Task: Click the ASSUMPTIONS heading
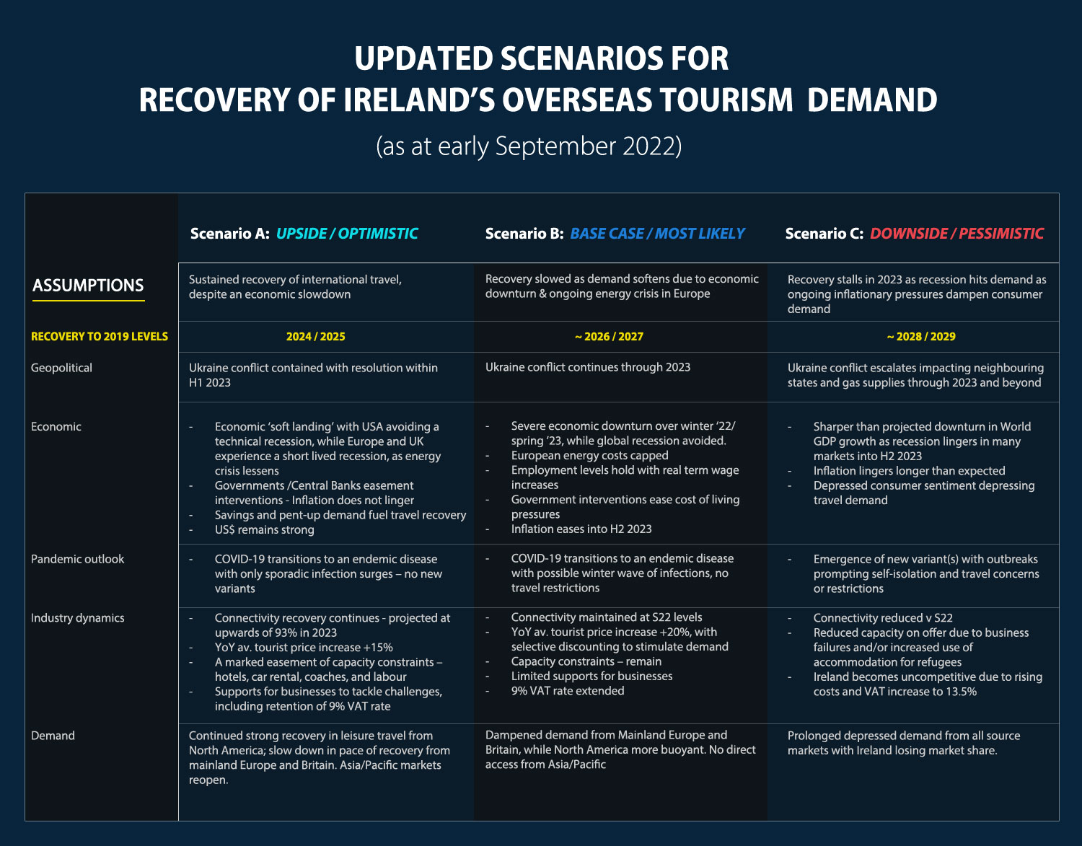[88, 285]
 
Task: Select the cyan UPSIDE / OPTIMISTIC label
[347, 234]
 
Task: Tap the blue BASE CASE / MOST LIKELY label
[657, 234]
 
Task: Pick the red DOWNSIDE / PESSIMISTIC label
[956, 234]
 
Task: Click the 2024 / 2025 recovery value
[316, 336]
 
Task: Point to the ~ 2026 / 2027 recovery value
[609, 336]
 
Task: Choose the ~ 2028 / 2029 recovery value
[921, 336]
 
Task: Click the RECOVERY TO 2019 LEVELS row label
[100, 336]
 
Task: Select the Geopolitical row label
[61, 368]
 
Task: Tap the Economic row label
[56, 426]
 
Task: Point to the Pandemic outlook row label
[78, 559]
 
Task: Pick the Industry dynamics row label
[78, 617]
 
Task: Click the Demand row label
[53, 736]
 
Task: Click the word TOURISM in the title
[726, 100]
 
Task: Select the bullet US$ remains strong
[265, 529]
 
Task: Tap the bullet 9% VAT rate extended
[568, 691]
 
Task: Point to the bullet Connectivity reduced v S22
[883, 617]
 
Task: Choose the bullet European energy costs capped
[589, 455]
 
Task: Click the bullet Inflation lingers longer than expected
[909, 471]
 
